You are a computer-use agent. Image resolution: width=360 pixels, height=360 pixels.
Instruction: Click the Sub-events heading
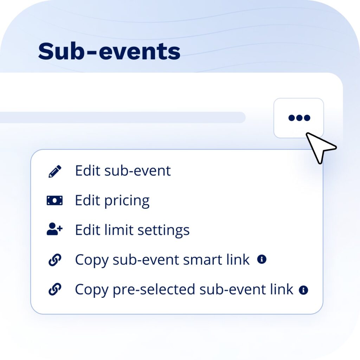click(109, 51)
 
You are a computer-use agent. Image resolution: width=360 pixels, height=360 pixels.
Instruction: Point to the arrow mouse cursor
click(320, 147)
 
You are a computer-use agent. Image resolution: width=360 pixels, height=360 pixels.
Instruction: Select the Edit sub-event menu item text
click(123, 171)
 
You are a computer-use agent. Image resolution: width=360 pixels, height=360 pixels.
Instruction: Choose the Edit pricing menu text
click(112, 201)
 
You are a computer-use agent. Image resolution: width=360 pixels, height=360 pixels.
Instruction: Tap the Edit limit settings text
click(132, 230)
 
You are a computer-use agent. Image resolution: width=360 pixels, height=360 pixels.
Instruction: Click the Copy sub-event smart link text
click(162, 260)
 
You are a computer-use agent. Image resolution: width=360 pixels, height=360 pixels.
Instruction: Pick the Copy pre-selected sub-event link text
click(184, 289)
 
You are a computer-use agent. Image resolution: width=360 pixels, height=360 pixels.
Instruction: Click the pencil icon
click(54, 171)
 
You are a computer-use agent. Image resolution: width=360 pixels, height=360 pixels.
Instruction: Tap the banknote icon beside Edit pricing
click(54, 201)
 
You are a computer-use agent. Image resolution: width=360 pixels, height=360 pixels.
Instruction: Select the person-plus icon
click(54, 230)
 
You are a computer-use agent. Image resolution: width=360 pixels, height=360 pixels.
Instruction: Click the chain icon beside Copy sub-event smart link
click(54, 260)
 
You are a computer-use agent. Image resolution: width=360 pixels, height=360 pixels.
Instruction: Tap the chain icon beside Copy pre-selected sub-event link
click(54, 290)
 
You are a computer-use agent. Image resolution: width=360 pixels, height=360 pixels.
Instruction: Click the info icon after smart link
click(262, 259)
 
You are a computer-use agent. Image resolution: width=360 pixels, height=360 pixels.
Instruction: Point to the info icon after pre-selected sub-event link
click(303, 290)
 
